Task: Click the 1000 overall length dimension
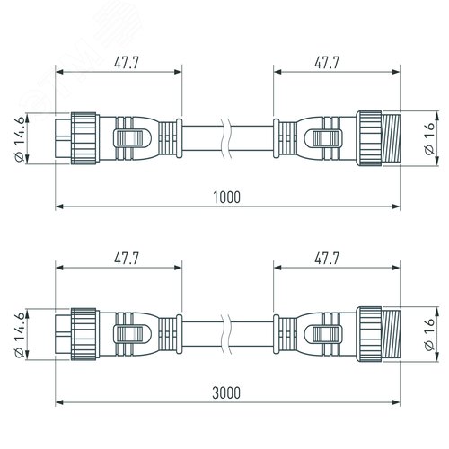coord(226,198)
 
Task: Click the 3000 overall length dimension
coord(226,393)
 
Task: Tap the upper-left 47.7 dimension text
coord(127,63)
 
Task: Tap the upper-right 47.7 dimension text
coord(327,63)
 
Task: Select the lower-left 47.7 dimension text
coord(127,259)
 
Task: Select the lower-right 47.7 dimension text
coord(327,259)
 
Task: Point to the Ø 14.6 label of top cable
coord(21,139)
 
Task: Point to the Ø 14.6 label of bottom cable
coord(21,335)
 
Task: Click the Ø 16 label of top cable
coord(429,138)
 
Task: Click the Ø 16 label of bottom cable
coord(429,334)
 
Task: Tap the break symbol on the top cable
coord(226,138)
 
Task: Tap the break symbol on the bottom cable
coord(226,334)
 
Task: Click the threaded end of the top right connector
coord(391,138)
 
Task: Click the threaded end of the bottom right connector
coord(391,334)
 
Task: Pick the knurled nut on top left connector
coord(84,138)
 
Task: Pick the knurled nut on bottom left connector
coord(84,334)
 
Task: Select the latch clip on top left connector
coord(132,138)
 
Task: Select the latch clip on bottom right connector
coord(323,334)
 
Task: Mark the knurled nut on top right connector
coord(369,138)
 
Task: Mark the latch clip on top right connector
coord(323,138)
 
